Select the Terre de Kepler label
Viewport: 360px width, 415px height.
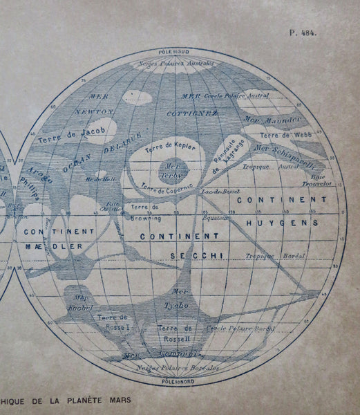(169, 148)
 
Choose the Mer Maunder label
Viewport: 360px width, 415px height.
(272, 119)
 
